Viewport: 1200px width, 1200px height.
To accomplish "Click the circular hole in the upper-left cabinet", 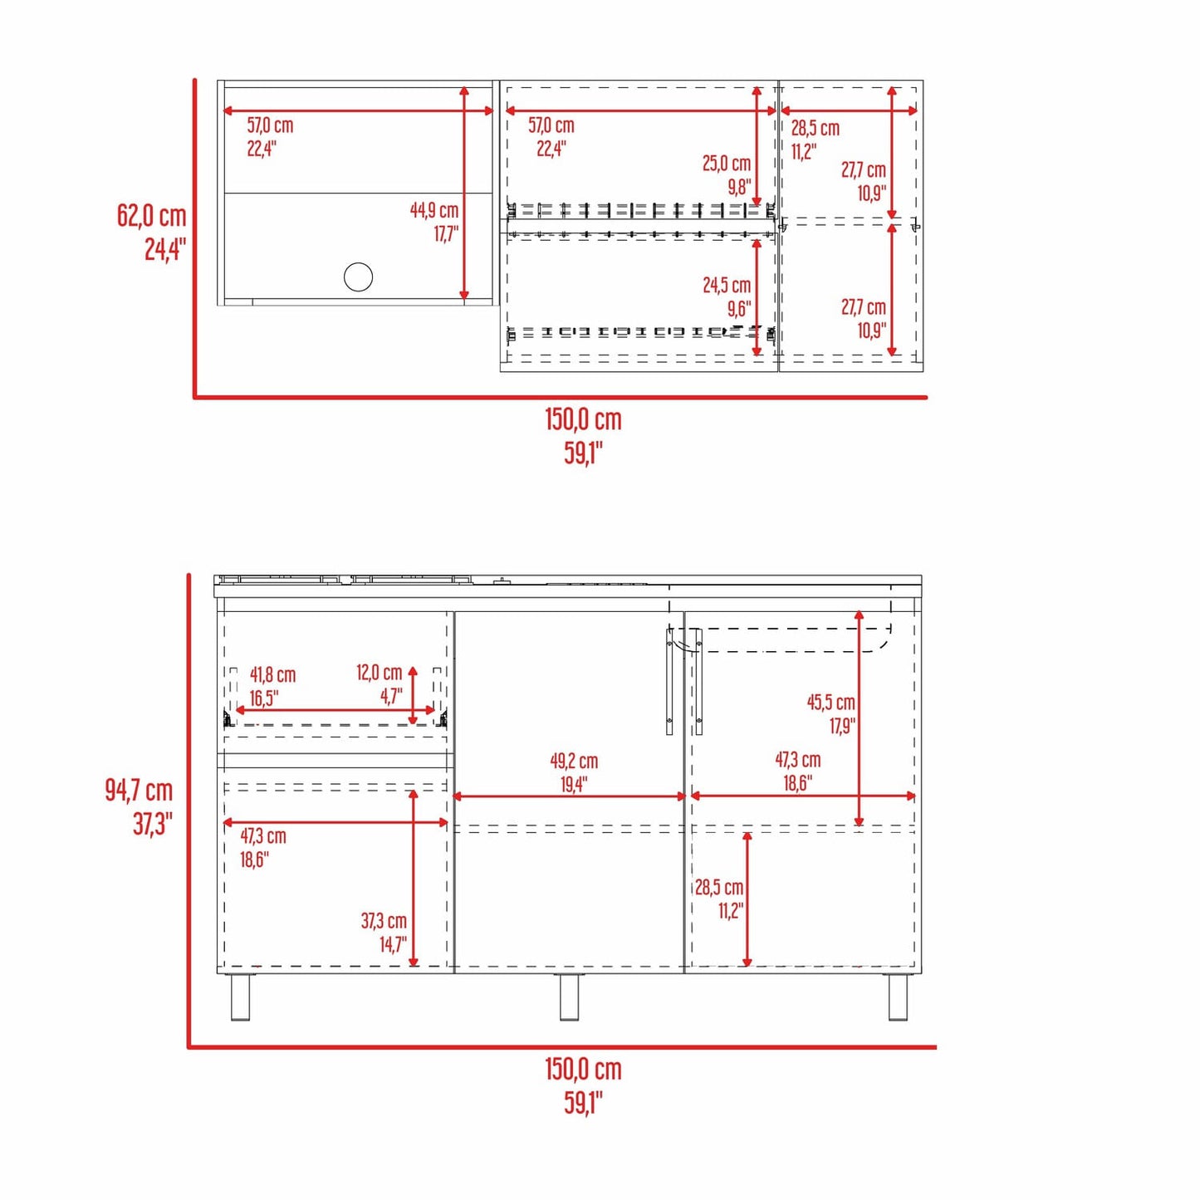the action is [x=358, y=277].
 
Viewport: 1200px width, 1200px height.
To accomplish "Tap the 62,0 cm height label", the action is [x=152, y=215].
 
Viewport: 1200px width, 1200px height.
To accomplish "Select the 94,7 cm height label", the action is [x=138, y=791].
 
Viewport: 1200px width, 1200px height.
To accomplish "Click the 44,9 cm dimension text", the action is [x=434, y=210].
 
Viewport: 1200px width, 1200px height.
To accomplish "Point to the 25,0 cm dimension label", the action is [x=727, y=163].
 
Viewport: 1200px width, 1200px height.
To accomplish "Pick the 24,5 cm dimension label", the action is [x=727, y=285].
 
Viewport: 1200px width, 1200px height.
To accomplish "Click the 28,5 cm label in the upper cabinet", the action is [x=816, y=128].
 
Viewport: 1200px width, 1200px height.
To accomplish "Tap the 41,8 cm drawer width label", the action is [x=272, y=674].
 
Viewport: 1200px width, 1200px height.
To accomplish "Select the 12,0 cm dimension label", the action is [x=380, y=673].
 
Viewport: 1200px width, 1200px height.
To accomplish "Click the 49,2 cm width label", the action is [x=574, y=761].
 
